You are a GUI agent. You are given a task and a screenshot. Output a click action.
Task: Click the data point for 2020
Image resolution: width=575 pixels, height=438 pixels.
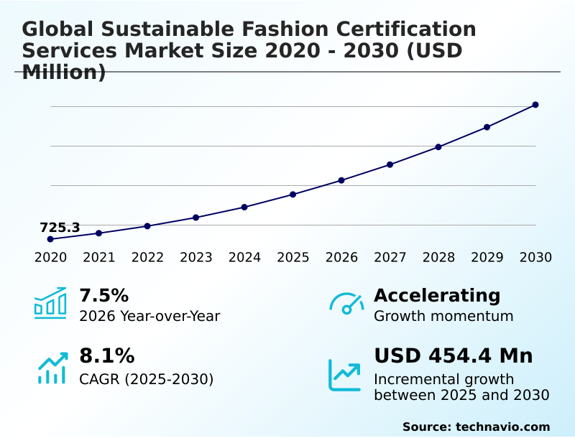50,239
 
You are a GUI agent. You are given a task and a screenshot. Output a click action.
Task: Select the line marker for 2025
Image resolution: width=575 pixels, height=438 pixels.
293,195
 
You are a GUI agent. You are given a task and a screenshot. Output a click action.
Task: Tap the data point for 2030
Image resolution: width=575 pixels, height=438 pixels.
535,105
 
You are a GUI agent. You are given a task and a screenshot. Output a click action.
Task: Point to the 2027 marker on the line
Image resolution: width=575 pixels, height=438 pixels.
390,164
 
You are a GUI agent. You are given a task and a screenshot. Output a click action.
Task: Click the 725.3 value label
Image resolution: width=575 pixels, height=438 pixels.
60,228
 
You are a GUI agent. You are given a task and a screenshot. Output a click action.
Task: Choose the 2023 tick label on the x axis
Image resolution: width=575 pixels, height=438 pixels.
196,257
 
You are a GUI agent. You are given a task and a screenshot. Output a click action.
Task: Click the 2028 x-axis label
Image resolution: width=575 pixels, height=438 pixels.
438,257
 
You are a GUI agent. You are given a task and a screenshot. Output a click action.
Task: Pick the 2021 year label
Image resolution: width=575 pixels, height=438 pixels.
99,257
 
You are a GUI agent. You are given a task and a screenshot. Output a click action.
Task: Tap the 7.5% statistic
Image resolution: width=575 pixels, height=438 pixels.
103,295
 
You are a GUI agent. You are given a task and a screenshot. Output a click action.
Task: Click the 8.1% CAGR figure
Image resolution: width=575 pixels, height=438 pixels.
106,356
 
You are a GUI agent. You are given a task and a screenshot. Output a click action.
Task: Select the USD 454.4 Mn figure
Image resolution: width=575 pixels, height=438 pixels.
454,356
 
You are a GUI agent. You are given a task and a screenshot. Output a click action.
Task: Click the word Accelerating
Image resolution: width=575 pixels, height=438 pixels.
437,295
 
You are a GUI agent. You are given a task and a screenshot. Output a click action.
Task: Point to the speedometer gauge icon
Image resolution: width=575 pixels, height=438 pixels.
346,303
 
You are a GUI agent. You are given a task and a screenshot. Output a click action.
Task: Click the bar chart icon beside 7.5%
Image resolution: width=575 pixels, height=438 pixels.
50,303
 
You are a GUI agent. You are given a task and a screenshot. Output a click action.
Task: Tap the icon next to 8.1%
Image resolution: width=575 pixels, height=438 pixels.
52,367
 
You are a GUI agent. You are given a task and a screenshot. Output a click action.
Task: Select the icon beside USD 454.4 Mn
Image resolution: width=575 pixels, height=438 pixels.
345,374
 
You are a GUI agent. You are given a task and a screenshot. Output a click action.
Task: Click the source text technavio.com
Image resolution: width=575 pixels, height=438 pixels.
502,427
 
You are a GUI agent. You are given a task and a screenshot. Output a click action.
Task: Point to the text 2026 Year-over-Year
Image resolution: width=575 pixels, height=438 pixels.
149,316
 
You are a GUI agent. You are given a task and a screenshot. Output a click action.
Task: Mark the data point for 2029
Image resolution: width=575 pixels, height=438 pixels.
487,127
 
